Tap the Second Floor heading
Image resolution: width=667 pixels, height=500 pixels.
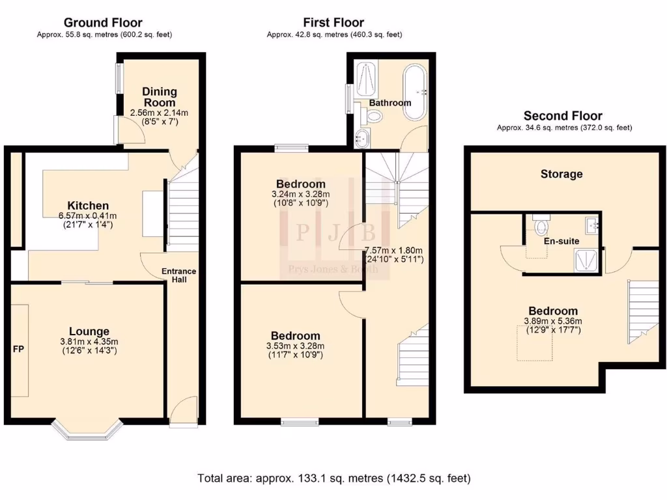[x=564, y=116]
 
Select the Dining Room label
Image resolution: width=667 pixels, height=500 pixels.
[x=160, y=97]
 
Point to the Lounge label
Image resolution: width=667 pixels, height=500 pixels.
[x=89, y=331]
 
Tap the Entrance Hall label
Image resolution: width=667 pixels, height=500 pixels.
[x=179, y=275]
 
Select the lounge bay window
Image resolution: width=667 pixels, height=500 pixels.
[x=87, y=430]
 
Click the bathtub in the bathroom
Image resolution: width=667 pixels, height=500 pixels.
[x=414, y=92]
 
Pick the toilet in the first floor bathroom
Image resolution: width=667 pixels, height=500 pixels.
[x=375, y=116]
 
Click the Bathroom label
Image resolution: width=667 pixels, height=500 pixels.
[x=390, y=103]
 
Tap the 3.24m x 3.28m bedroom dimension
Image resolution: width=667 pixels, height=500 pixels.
[x=300, y=194]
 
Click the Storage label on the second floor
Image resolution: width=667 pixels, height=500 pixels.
[x=561, y=174]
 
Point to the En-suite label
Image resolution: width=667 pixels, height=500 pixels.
[x=561, y=241]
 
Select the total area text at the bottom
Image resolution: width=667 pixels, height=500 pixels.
[x=333, y=479]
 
